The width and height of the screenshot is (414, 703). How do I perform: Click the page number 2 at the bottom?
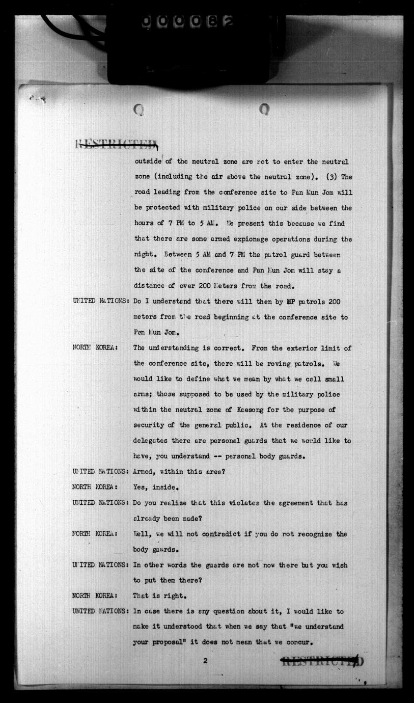pyautogui.click(x=205, y=661)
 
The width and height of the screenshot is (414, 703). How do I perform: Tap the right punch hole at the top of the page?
pyautogui.click(x=264, y=109)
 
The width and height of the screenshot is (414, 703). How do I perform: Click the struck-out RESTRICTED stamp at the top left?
pyautogui.click(x=117, y=145)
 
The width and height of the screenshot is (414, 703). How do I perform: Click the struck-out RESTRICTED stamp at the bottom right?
pyautogui.click(x=322, y=662)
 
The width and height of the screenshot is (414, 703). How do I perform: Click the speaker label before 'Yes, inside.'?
pyautogui.click(x=96, y=487)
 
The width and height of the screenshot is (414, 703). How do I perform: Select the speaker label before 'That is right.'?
pyautogui.click(x=96, y=596)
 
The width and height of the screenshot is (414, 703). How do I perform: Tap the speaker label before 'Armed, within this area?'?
pyautogui.click(x=100, y=472)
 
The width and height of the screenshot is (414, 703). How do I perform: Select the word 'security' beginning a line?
pyautogui.click(x=149, y=425)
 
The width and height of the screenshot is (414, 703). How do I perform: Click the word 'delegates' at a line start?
pyautogui.click(x=151, y=441)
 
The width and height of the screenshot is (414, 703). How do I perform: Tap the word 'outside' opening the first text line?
pyautogui.click(x=148, y=161)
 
